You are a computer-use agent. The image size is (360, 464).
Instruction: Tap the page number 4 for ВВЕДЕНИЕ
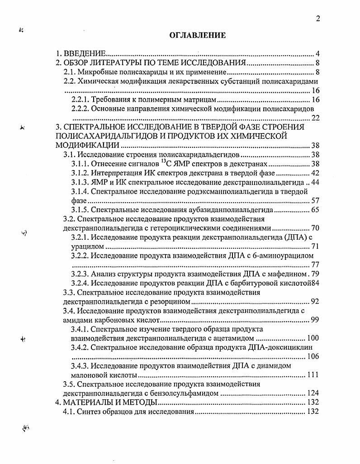tap(318, 53)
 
